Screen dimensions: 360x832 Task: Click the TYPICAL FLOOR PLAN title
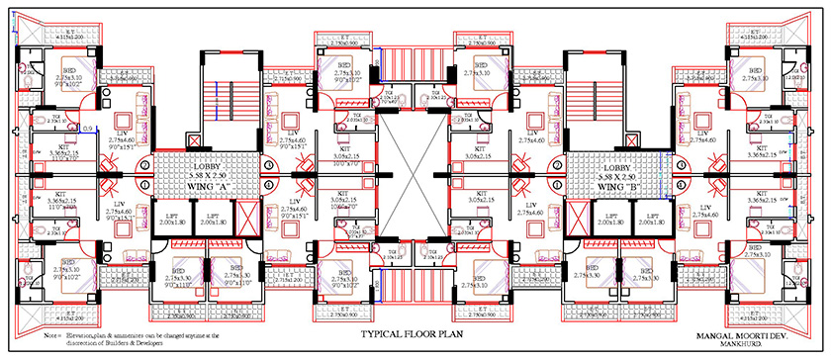tap(414, 335)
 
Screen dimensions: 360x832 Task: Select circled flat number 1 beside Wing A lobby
tap(144, 185)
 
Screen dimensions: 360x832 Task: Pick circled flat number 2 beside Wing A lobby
tap(144, 164)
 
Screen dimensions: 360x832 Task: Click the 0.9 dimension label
tap(87, 128)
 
